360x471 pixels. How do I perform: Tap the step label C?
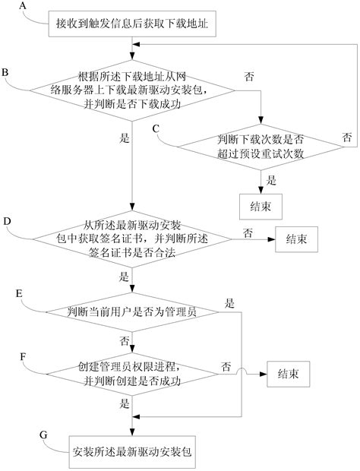click(156, 128)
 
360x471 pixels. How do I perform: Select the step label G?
click(43, 434)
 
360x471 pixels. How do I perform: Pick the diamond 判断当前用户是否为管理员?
click(133, 311)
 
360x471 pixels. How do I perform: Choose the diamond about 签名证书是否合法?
click(133, 239)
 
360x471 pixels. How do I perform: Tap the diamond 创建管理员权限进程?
click(133, 374)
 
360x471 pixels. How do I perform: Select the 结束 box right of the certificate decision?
click(297, 239)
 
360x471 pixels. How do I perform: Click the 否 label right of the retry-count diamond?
click(346, 138)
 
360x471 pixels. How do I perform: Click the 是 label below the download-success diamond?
click(124, 138)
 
